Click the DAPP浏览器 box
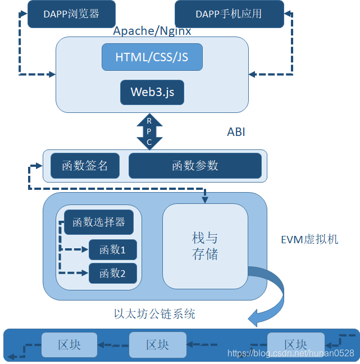71,14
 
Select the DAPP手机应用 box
229,14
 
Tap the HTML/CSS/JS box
152,57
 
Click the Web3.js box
152,92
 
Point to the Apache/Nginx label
152,31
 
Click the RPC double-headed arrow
149,131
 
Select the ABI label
236,132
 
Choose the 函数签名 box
85,166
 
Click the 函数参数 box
195,166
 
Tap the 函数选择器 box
99,222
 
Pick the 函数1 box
113,249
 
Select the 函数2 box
113,273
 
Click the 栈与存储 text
205,245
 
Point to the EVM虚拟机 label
309,239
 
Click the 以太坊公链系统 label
154,314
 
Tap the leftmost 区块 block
69,345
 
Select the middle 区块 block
158,345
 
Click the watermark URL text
291,353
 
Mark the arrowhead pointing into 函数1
84,249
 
